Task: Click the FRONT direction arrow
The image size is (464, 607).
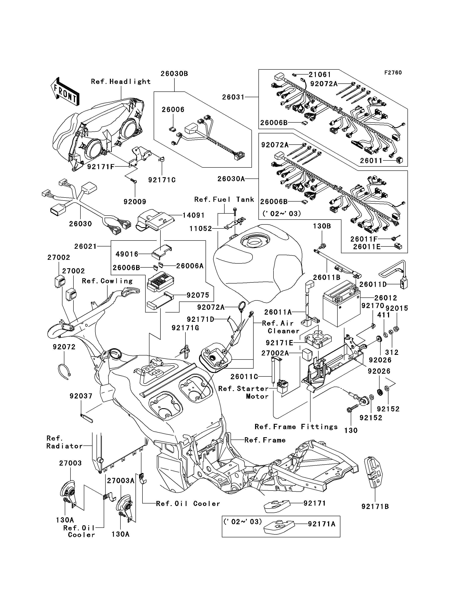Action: point(65,91)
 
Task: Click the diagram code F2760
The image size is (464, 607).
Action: point(393,73)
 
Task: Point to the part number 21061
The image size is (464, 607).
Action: point(320,75)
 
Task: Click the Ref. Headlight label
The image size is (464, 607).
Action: point(121,82)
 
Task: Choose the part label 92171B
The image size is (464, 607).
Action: point(375,506)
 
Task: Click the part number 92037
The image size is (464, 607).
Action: point(81,396)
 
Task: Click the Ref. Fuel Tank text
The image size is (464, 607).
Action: point(224,199)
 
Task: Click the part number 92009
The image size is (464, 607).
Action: point(135,202)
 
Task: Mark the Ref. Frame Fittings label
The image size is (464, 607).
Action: point(296,427)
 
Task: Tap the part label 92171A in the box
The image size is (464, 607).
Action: point(322,524)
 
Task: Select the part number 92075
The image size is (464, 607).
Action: point(198,295)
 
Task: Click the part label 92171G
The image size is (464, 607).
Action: point(185,328)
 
